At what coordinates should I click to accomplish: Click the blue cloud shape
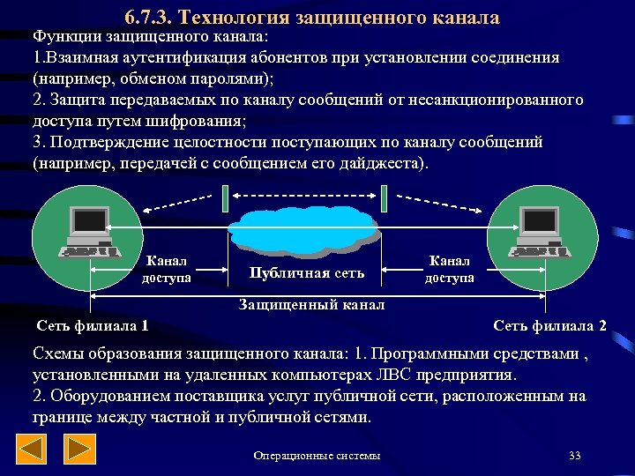pyautogui.click(x=305, y=227)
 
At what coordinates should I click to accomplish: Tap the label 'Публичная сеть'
pyautogui.click(x=307, y=272)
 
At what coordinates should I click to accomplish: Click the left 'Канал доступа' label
pyautogui.click(x=167, y=270)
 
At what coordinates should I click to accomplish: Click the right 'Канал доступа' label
pyautogui.click(x=449, y=269)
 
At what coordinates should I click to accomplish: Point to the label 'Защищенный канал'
pyautogui.click(x=312, y=305)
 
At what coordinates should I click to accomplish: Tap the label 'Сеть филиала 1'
pyautogui.click(x=92, y=326)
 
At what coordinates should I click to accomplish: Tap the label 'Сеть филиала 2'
pyautogui.click(x=549, y=326)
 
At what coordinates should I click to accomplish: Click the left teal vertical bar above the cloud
pyautogui.click(x=226, y=198)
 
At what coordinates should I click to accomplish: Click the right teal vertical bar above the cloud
pyautogui.click(x=384, y=198)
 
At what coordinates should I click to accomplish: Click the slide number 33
pyautogui.click(x=575, y=456)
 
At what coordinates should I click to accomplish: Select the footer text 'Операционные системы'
pyautogui.click(x=317, y=456)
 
